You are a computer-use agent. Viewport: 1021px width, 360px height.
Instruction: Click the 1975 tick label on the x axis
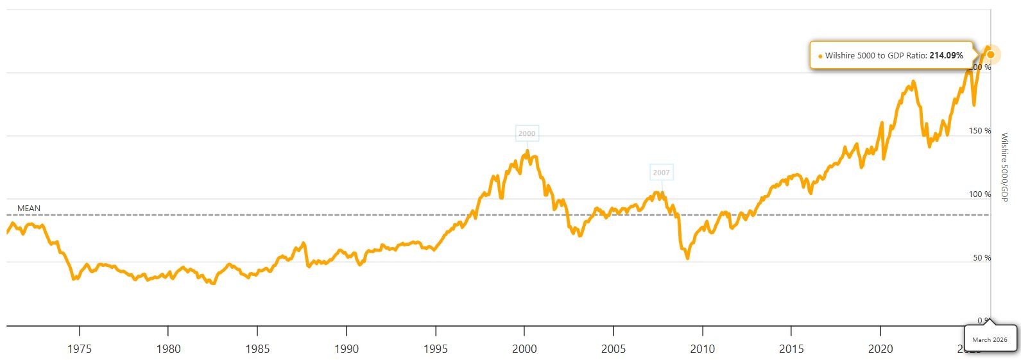(x=80, y=349)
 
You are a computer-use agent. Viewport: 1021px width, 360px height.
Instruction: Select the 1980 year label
(x=168, y=349)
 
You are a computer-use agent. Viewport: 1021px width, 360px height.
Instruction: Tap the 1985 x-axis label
(x=257, y=349)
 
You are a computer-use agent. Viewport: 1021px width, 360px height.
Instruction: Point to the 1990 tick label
(x=347, y=349)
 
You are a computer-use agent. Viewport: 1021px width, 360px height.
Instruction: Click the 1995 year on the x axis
(x=436, y=349)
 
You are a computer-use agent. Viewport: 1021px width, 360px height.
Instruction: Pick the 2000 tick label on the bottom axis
(x=524, y=349)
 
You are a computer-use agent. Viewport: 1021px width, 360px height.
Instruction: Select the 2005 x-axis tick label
(x=613, y=349)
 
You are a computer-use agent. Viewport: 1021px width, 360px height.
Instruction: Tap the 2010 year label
(x=703, y=349)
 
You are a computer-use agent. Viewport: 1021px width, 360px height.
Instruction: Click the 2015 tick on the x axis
(x=791, y=349)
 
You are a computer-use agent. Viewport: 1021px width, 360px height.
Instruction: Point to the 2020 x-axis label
(x=880, y=349)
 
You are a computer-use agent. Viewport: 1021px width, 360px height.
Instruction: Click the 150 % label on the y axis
(x=980, y=131)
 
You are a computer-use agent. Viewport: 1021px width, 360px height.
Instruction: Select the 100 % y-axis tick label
(x=980, y=194)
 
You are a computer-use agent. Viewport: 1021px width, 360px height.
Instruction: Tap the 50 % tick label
(x=982, y=258)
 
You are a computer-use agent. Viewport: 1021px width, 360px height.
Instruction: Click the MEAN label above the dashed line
(x=29, y=209)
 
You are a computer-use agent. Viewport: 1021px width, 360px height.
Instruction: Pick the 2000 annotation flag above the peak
(x=527, y=133)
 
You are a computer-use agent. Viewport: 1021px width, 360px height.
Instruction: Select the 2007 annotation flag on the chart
(x=661, y=173)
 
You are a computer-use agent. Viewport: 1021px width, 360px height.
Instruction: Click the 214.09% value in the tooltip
(x=946, y=56)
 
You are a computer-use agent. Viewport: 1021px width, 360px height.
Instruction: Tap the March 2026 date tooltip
(x=990, y=339)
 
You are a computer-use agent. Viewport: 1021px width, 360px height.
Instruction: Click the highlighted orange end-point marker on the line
(x=991, y=55)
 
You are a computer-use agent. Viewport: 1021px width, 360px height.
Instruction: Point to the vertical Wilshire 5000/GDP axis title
(x=1005, y=167)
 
